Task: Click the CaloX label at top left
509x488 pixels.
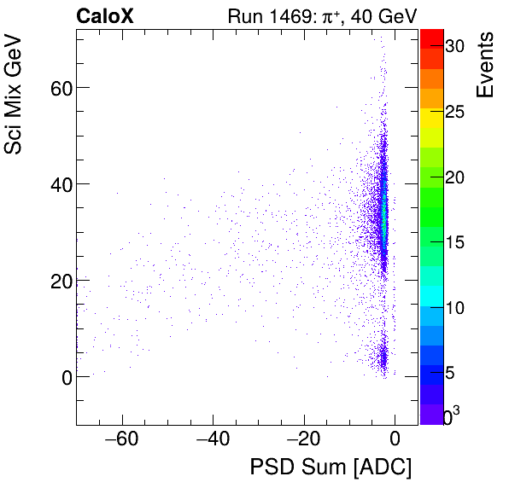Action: pyautogui.click(x=105, y=15)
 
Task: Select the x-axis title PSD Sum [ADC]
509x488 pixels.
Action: pyautogui.click(x=330, y=468)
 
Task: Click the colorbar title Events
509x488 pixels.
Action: pyautogui.click(x=486, y=65)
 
